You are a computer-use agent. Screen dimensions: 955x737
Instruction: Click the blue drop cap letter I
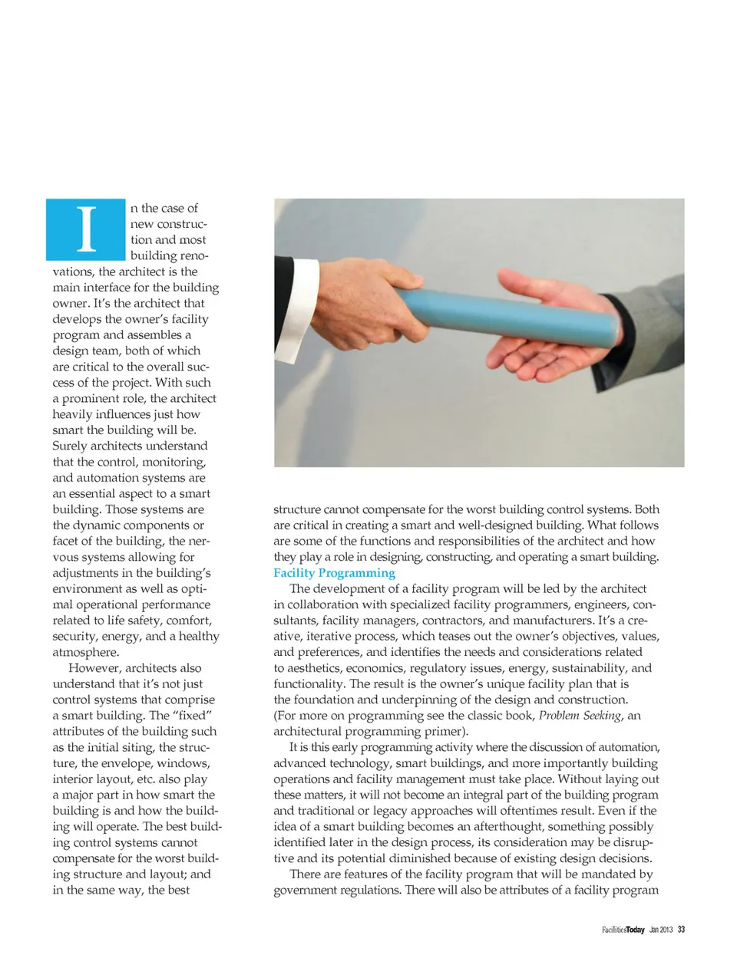(86, 229)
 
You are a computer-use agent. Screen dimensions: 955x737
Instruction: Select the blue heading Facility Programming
(334, 573)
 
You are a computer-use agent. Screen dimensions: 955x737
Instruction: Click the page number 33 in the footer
(681, 930)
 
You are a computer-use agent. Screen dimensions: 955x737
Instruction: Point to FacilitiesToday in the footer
(623, 930)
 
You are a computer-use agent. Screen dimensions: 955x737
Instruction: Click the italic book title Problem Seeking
(580, 716)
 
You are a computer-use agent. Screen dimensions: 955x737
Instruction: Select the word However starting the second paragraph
(94, 668)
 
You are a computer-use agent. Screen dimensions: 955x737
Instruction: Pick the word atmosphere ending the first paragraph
(84, 653)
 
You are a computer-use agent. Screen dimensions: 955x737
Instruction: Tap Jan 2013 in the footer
(660, 930)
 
